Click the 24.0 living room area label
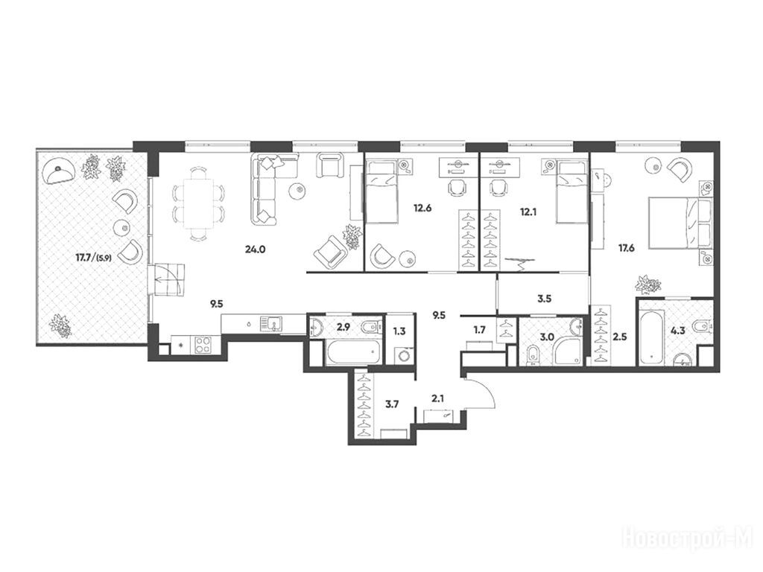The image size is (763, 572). coord(256,250)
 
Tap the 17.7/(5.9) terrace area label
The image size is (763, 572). coord(93,258)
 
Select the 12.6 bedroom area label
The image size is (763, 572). coord(422,209)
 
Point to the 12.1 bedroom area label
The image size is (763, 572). coord(528,212)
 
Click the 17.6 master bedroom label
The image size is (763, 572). coord(626,248)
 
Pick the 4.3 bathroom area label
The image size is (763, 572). coord(678,331)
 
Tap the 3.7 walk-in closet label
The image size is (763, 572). coord(392,403)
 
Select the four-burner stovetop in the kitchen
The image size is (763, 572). coord(203,344)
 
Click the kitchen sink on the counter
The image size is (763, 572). coord(271,323)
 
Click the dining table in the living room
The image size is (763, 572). coord(197,203)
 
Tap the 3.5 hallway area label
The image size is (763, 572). coord(544,299)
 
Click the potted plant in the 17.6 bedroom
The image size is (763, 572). coord(649,284)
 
